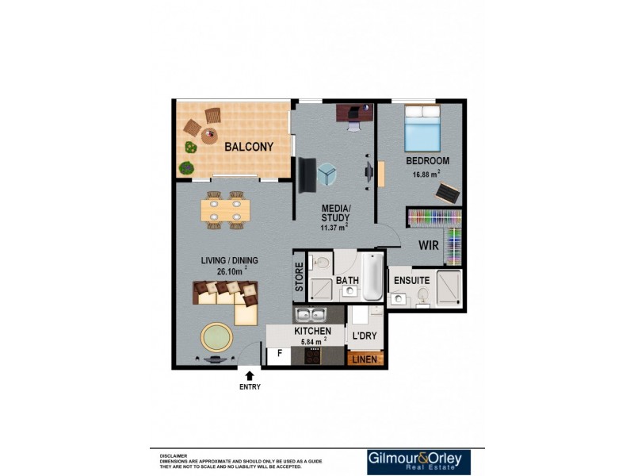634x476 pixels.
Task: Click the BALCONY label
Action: [248, 147]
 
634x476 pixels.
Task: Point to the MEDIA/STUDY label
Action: [335, 215]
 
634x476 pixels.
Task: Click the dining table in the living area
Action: [225, 210]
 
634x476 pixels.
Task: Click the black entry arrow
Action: [250, 374]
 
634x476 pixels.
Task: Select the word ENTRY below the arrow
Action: [250, 387]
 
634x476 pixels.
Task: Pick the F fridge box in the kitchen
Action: [279, 355]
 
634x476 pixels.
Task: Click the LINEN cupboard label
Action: [365, 359]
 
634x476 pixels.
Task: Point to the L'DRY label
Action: [364, 336]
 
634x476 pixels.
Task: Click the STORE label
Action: [300, 282]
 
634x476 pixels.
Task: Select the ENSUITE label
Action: [411, 281]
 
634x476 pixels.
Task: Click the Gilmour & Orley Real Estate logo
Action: [418, 462]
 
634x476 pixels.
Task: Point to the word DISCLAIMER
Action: [173, 456]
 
